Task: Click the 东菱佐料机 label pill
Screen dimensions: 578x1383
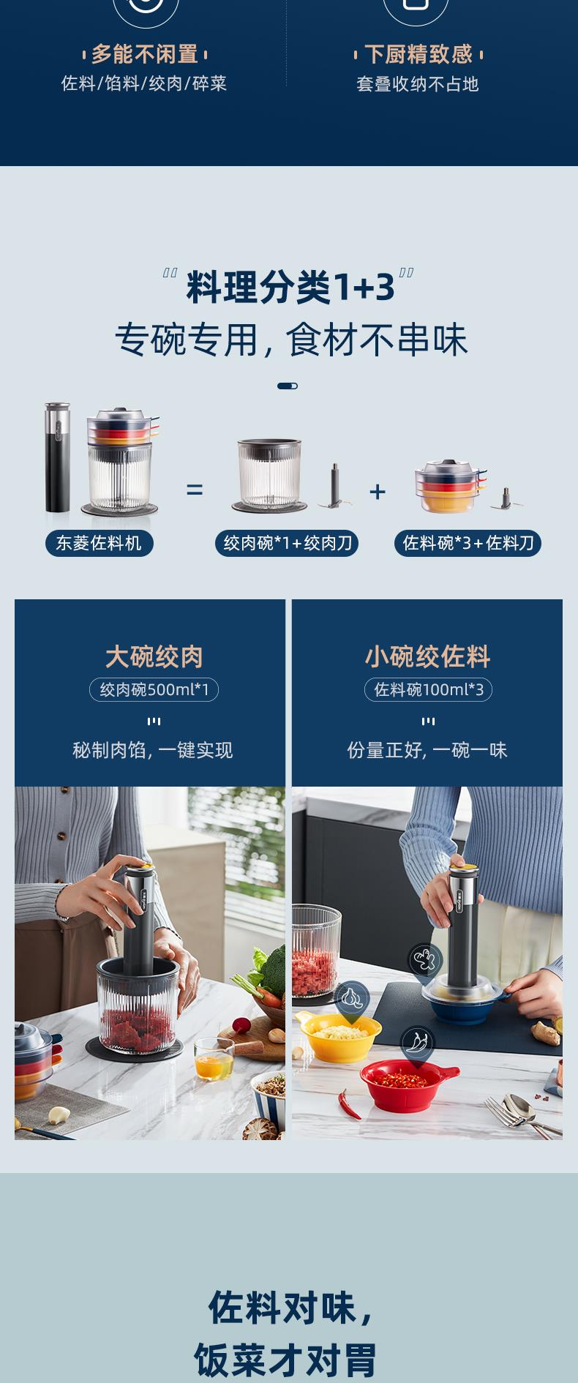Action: click(x=100, y=543)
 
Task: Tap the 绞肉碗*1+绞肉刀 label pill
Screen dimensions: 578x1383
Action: click(x=287, y=543)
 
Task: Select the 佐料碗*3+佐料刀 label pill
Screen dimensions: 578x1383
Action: click(x=468, y=543)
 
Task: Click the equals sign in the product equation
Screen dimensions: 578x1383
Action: click(x=195, y=490)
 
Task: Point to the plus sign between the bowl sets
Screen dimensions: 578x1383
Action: click(x=378, y=491)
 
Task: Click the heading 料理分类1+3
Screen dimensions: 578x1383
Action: click(x=290, y=286)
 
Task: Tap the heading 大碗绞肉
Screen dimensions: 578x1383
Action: click(x=154, y=656)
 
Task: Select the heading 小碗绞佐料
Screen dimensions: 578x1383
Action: click(x=428, y=656)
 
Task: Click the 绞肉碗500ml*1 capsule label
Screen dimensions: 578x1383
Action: click(x=154, y=689)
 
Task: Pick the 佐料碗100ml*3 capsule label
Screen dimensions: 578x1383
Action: click(x=429, y=689)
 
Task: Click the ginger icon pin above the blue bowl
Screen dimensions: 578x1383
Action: click(x=424, y=961)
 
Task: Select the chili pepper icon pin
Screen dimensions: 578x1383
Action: click(x=417, y=1043)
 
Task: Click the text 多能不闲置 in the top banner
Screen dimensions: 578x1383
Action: click(x=145, y=54)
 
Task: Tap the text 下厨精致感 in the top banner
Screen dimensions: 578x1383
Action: click(x=418, y=54)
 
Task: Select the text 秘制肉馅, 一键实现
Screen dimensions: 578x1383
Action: click(x=153, y=750)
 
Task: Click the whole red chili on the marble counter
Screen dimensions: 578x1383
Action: click(x=350, y=1103)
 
